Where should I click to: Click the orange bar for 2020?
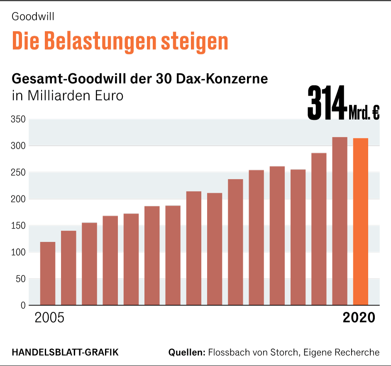[360, 222]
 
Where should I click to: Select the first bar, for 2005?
[48, 273]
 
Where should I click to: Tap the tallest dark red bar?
[340, 221]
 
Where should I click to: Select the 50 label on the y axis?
[20, 279]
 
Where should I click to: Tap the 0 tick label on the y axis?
[22, 305]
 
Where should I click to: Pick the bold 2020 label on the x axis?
[359, 318]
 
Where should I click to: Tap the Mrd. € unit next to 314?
[364, 113]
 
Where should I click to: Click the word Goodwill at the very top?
[34, 17]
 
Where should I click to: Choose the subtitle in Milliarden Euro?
[68, 95]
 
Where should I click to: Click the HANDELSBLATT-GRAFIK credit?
[65, 352]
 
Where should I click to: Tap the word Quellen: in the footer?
[187, 352]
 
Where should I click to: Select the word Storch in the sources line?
[285, 352]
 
